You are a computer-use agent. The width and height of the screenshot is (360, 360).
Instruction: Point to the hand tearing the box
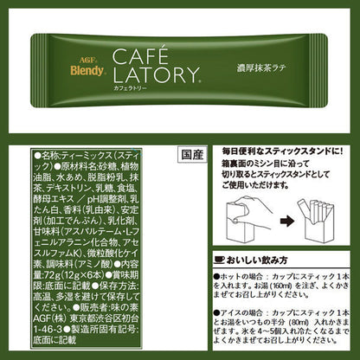pos(247,208)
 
